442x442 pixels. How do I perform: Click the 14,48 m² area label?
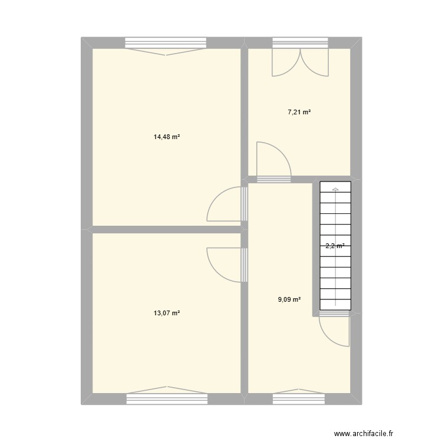(167, 137)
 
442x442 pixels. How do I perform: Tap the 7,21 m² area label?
(299, 112)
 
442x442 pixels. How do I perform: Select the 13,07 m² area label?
(167, 314)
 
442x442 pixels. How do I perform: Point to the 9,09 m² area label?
(289, 299)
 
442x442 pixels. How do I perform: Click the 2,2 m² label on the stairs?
(335, 247)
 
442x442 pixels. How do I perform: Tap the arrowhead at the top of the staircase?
(335, 189)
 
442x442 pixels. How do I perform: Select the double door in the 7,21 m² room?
(299, 62)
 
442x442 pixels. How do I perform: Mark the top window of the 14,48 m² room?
(166, 42)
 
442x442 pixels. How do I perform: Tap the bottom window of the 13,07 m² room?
(167, 399)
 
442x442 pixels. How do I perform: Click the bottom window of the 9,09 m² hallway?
(299, 399)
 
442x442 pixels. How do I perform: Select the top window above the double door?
(299, 42)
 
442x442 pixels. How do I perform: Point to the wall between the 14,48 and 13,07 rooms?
(167, 229)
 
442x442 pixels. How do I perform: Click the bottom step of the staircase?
(335, 305)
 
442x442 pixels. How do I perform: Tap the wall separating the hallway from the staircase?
(315, 248)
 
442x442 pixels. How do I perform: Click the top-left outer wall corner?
(87, 42)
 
